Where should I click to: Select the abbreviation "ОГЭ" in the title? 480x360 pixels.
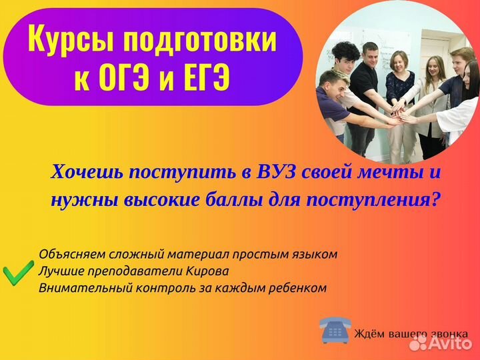(x=122, y=78)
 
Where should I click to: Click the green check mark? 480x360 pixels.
(x=18, y=271)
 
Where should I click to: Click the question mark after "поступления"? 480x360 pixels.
(x=437, y=199)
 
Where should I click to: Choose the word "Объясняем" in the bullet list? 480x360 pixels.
(x=71, y=254)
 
